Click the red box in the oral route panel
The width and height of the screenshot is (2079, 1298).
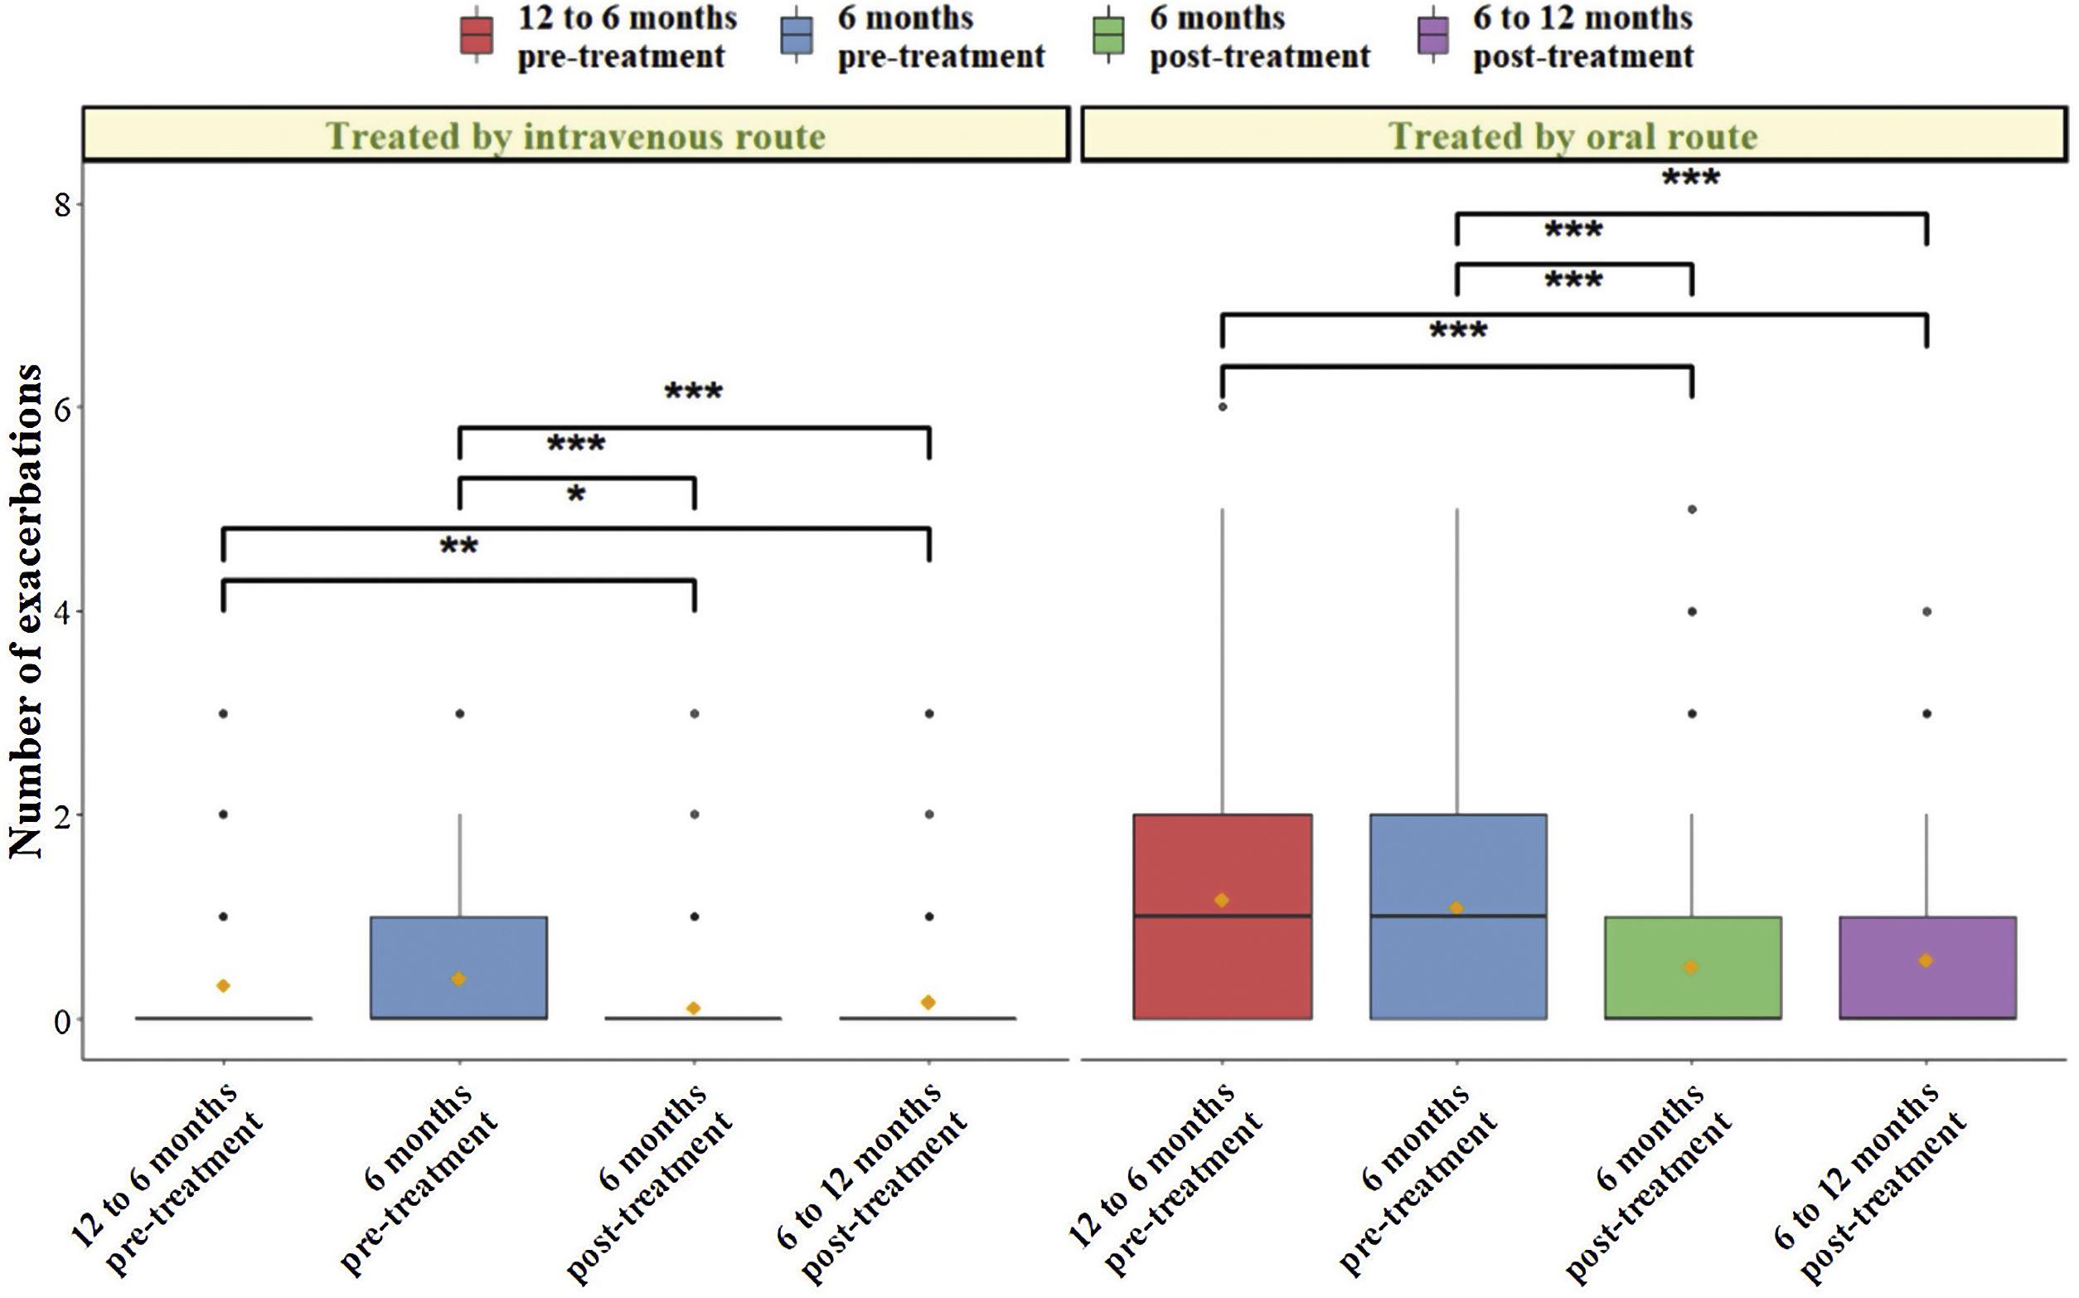(x=1222, y=961)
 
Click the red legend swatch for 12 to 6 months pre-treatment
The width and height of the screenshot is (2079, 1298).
(x=476, y=36)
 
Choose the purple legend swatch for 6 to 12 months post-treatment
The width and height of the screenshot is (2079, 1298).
(x=1433, y=36)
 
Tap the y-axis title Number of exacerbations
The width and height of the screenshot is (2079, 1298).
(x=26, y=611)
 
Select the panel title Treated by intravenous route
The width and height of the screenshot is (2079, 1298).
(x=575, y=136)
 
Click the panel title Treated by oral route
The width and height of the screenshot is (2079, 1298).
(x=1573, y=136)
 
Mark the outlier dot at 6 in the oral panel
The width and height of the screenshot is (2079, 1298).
(x=1222, y=407)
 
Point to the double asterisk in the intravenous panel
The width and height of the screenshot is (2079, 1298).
(x=459, y=547)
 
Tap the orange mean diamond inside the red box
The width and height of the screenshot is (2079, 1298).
(x=1221, y=900)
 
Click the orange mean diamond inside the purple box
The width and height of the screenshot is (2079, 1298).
(x=1926, y=960)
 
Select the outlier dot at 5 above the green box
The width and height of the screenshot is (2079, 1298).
(x=1692, y=509)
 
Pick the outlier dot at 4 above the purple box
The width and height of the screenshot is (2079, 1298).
(x=1927, y=612)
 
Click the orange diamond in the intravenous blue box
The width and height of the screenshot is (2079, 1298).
(x=459, y=979)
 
